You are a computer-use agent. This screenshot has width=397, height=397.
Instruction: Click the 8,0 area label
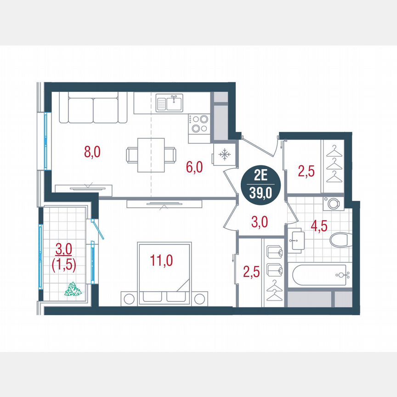point(92,152)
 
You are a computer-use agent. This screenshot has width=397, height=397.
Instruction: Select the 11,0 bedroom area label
point(161,261)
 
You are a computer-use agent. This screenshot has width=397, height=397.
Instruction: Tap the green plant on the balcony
point(73,289)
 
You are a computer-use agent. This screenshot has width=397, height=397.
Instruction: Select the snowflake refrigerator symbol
point(224,155)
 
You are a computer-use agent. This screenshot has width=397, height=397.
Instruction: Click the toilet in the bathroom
point(340,239)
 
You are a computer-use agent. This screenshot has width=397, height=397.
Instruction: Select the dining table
point(151,154)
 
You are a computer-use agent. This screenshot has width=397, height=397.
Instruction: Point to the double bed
point(164,274)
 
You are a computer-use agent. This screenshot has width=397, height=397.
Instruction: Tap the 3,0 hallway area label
point(260,222)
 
